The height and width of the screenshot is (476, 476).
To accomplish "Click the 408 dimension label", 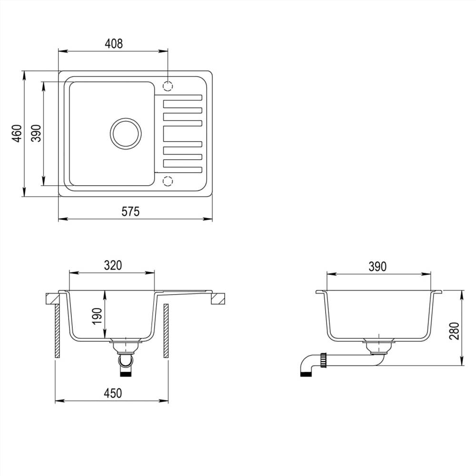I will pyautogui.click(x=113, y=44).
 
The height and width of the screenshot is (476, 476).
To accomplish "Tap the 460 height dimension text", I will pyautogui.click(x=17, y=134).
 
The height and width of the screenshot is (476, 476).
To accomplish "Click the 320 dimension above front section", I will pyautogui.click(x=113, y=265).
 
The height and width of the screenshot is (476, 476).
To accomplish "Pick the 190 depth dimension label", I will pyautogui.click(x=97, y=316).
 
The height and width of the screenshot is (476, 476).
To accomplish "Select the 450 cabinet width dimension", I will pyautogui.click(x=113, y=393).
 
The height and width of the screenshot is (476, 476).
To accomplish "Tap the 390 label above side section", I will pyautogui.click(x=377, y=267).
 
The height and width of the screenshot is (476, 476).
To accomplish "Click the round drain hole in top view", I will pyautogui.click(x=126, y=133).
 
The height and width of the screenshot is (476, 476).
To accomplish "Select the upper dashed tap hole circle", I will pyautogui.click(x=168, y=86).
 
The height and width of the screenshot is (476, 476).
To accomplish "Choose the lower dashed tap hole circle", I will pyautogui.click(x=168, y=180).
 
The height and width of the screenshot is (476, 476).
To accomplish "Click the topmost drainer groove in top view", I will pyautogui.click(x=183, y=98).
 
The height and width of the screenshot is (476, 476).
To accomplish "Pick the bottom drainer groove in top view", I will pyautogui.click(x=183, y=163).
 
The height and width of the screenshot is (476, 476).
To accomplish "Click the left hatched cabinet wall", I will pyautogui.click(x=58, y=331).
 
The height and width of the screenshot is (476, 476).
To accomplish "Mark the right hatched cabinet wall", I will pyautogui.click(x=166, y=331).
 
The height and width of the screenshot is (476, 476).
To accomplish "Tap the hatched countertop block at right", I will pyautogui.click(x=218, y=298).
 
